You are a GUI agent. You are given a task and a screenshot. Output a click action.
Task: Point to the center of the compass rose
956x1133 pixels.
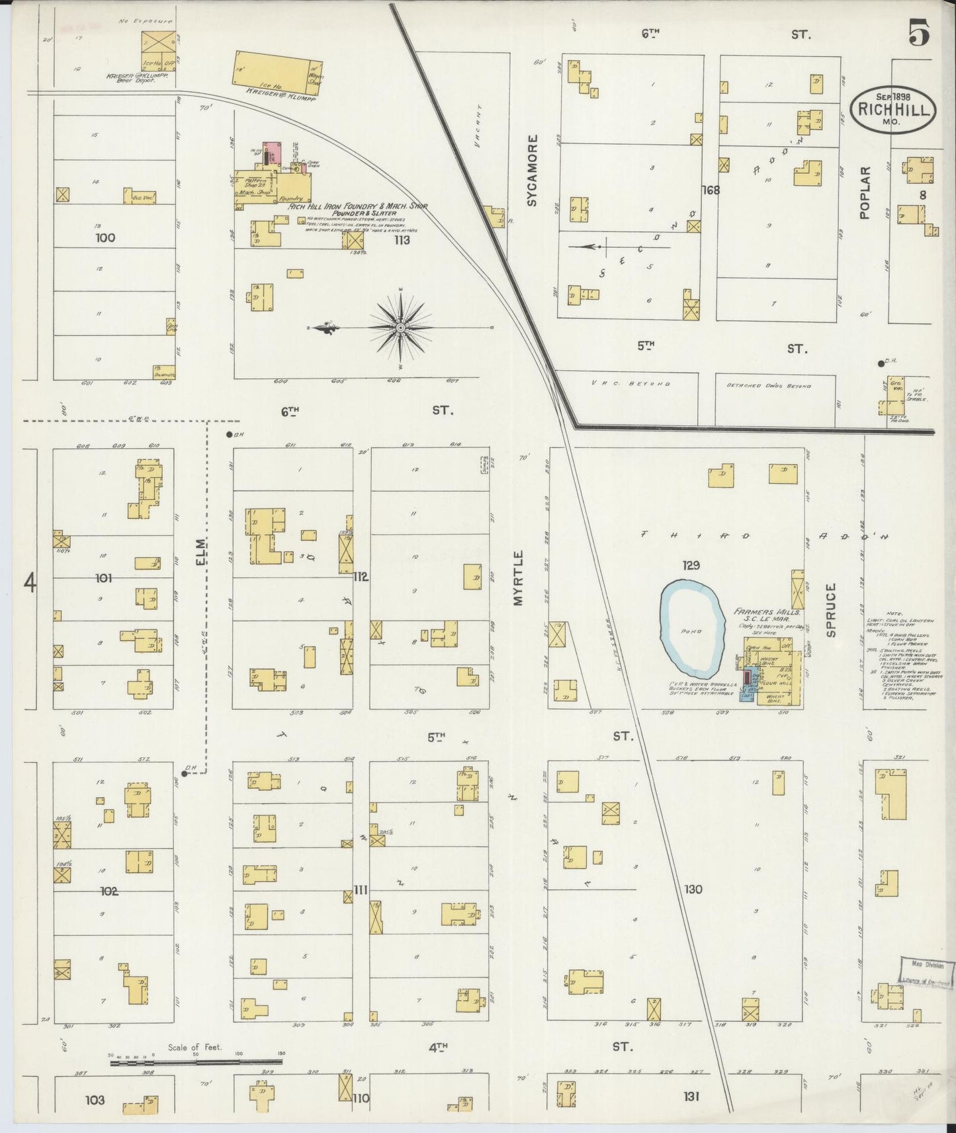coord(401,327)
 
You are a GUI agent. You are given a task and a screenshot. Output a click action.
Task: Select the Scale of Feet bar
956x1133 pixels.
coord(196,1062)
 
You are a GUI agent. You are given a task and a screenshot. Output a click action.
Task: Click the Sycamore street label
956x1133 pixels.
coord(532,171)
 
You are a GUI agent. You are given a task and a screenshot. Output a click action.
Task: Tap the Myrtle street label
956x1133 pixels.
coord(518,578)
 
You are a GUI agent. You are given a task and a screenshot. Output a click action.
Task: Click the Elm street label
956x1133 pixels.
coord(200,552)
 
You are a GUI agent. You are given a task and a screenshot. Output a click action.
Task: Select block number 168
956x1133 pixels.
coord(711,190)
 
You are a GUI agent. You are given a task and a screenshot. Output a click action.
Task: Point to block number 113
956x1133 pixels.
coord(402,240)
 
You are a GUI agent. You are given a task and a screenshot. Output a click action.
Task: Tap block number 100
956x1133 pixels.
coord(105,238)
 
